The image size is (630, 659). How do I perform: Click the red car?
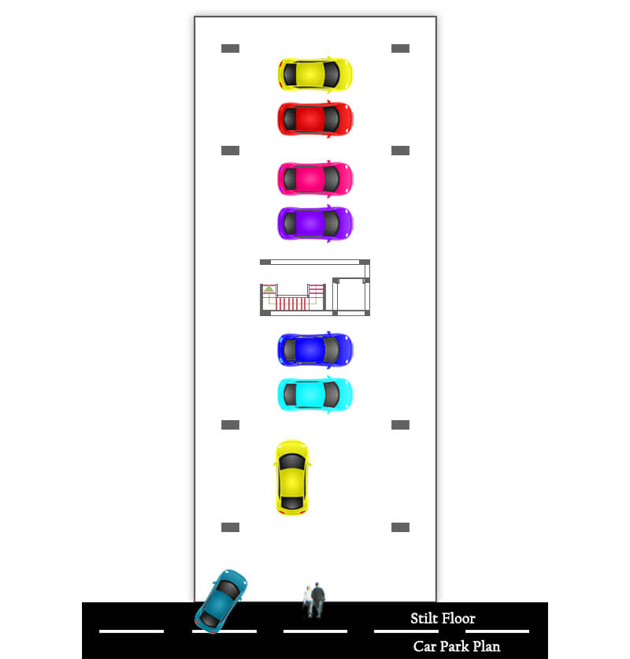(315, 119)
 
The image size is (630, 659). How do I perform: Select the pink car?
(315, 179)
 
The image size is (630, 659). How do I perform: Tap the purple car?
(315, 223)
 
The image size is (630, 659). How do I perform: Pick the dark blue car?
(315, 350)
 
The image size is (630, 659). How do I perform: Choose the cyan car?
(315, 394)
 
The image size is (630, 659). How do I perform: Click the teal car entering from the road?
(221, 601)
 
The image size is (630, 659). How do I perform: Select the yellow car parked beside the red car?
(315, 74)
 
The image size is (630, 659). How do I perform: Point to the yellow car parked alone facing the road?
(292, 477)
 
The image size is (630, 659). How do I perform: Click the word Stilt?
(424, 619)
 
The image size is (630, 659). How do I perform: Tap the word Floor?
(459, 619)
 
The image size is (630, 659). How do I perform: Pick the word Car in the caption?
(424, 646)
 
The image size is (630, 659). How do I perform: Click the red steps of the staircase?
(292, 303)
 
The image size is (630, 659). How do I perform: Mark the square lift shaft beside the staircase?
(351, 296)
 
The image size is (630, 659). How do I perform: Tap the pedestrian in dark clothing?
(318, 600)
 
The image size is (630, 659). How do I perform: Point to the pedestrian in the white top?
(308, 601)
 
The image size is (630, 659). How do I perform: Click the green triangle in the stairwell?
(269, 289)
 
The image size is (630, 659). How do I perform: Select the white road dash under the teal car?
(224, 631)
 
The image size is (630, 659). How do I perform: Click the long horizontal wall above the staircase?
(315, 262)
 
